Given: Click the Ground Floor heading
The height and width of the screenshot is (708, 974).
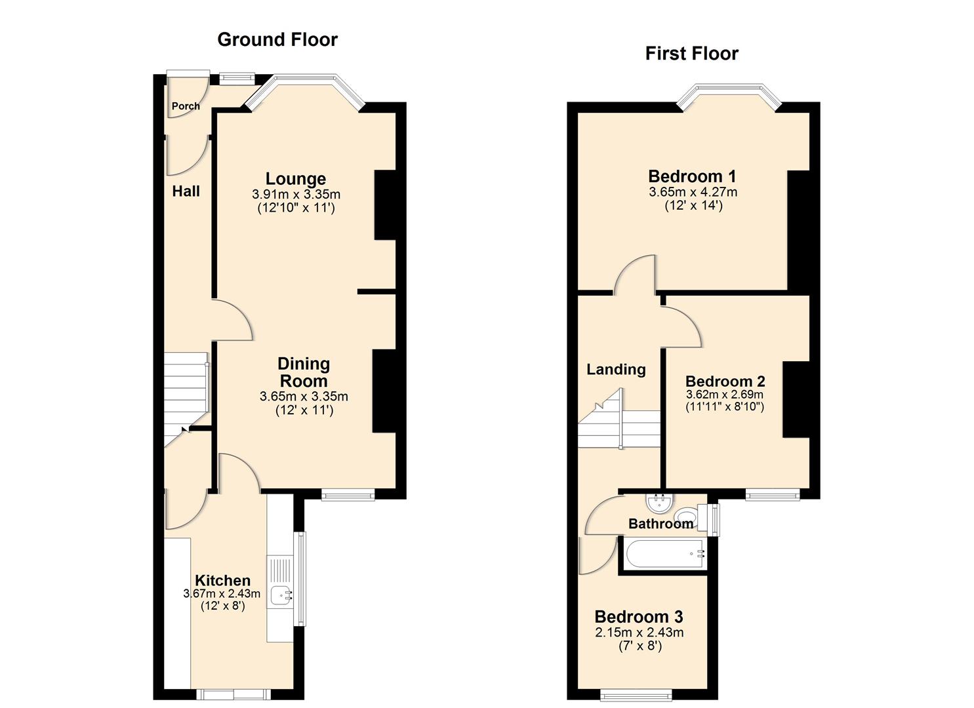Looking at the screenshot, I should click(x=277, y=39).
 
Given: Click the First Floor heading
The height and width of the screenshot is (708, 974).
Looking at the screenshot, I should click(x=691, y=53).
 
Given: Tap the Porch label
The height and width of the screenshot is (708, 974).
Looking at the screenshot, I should click(x=186, y=106).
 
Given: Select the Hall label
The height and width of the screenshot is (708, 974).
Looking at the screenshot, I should click(x=186, y=191).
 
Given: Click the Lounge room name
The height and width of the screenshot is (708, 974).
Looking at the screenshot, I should click(x=295, y=178).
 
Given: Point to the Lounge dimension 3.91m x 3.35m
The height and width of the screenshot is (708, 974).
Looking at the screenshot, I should click(x=296, y=195).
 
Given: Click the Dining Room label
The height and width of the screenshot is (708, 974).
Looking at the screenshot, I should click(x=303, y=372).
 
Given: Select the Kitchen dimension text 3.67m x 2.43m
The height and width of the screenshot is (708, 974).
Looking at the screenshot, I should click(x=222, y=594).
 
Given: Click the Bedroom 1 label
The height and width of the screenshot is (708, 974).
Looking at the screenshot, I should click(x=692, y=176).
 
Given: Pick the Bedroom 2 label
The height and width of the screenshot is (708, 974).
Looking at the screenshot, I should click(x=725, y=381).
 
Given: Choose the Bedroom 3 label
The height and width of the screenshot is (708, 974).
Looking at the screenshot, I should click(x=638, y=616).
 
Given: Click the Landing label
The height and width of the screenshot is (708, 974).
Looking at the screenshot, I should click(x=615, y=369).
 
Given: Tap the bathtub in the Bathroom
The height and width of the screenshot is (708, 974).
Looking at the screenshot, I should click(x=664, y=555).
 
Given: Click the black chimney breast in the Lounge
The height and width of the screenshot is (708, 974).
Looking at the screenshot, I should click(x=385, y=205).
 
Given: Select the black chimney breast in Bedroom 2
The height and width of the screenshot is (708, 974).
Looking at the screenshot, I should click(x=796, y=399).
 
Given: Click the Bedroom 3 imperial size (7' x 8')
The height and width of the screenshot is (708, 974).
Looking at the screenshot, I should click(x=639, y=646).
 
